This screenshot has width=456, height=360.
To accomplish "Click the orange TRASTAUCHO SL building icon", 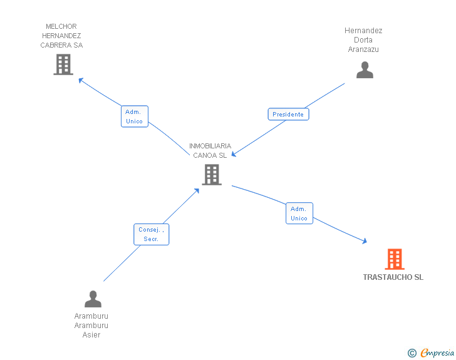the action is (395, 259).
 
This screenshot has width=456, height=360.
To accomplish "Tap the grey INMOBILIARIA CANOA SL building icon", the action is (212, 175).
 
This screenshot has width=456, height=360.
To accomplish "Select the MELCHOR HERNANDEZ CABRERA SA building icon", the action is (63, 64).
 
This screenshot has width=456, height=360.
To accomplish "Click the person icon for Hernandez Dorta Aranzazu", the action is (365, 69).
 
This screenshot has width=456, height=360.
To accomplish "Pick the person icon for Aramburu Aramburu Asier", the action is (93, 299).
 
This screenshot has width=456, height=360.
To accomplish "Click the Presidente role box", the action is (288, 115).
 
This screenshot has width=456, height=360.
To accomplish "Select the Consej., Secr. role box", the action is (151, 234).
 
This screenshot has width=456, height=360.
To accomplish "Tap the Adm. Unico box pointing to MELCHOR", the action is (134, 116).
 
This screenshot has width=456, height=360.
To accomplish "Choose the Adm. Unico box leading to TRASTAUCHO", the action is (299, 213).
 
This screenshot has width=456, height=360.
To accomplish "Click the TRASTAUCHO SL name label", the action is (393, 277).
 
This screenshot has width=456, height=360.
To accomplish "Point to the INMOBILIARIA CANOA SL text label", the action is (210, 151).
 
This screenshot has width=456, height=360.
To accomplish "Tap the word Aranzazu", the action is (363, 49).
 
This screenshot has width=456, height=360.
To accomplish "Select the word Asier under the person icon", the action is (91, 335).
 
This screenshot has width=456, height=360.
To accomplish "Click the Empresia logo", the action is (437, 352).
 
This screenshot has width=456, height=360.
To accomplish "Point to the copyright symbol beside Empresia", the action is (412, 353).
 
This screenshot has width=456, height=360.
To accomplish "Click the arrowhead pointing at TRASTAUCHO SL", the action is (365, 241).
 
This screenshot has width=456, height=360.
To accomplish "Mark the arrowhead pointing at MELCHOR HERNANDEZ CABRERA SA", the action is (81, 80).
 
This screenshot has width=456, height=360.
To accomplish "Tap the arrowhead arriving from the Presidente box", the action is (234, 154).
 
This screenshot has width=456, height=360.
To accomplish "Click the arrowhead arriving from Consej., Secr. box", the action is (197, 191).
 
